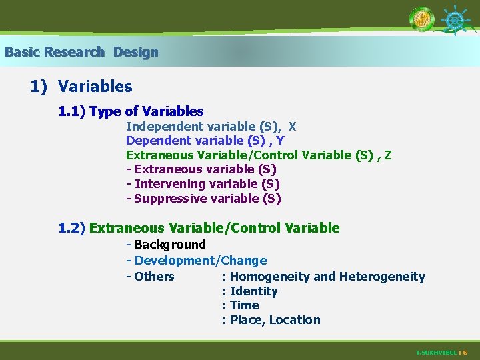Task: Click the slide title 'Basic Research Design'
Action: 81,52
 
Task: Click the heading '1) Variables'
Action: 81,87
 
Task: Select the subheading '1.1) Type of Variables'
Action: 131,111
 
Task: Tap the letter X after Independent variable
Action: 293,126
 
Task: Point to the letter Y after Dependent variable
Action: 281,141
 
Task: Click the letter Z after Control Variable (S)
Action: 388,155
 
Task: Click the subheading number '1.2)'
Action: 72,228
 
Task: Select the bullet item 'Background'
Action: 170,245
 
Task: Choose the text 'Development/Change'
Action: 200,261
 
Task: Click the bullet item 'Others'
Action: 154,277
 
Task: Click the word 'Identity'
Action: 253,291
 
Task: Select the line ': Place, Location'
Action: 271,320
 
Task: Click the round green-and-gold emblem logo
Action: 422,19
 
